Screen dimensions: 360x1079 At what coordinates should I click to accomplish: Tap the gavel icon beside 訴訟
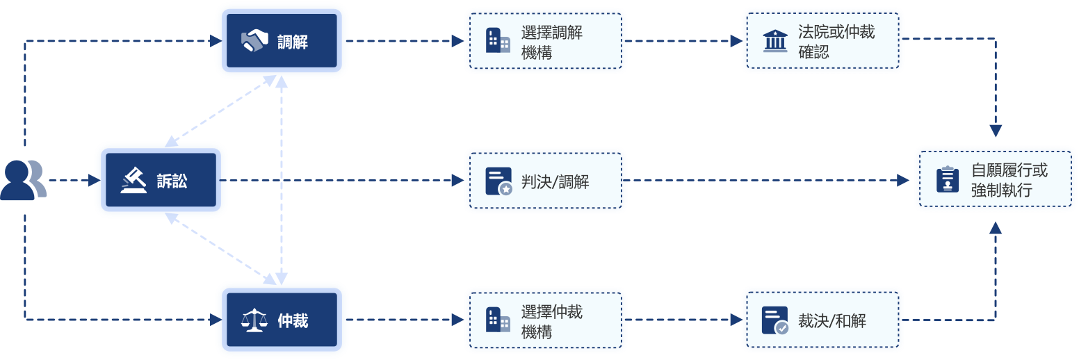(134, 181)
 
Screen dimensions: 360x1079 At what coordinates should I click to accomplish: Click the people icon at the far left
(22, 180)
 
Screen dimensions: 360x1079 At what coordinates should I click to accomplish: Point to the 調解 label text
(293, 42)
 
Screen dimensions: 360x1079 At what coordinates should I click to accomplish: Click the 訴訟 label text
(172, 181)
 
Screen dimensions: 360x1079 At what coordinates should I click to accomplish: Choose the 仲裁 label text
(293, 321)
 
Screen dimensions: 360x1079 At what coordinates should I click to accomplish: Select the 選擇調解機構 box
(545, 41)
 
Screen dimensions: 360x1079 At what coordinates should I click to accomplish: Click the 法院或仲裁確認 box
(822, 41)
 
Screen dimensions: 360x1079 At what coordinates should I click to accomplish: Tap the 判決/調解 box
(545, 181)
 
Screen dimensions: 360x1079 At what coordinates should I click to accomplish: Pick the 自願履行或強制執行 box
(995, 179)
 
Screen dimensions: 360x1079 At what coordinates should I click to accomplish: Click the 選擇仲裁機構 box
(545, 320)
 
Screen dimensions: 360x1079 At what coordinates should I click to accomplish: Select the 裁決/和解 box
(822, 320)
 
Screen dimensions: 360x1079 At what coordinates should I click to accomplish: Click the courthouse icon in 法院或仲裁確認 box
(775, 41)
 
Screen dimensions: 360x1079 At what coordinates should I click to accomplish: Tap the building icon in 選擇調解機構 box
(498, 41)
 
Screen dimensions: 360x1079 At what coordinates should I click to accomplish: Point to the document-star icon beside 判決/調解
(498, 181)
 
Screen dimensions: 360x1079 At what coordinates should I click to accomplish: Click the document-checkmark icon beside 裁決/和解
(775, 320)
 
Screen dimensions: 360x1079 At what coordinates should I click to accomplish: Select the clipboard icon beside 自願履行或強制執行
(948, 179)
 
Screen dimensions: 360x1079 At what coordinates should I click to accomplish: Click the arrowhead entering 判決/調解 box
(457, 181)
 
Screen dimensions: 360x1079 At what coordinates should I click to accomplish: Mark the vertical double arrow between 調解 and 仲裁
(281, 181)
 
